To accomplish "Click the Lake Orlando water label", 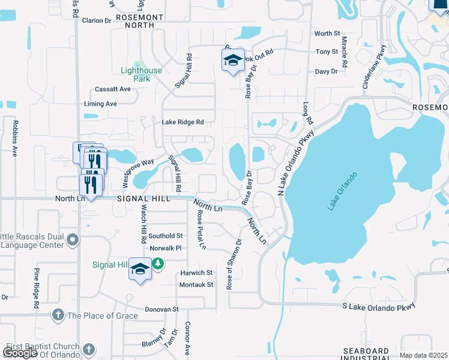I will coord(342,191).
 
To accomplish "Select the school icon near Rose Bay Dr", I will coord(233,61).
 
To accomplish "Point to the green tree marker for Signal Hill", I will coord(158,263).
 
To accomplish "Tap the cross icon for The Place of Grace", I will coord(58,315).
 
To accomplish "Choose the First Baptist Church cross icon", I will coord(88,349).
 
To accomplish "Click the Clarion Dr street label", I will coord(97,20).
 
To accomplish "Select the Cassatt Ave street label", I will coord(112,89).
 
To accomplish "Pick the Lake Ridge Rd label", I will coord(182,122).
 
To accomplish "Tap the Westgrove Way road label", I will coord(139,170).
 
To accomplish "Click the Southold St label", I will coord(166,236).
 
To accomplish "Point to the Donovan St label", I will coord(161,310).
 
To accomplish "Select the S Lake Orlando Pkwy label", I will coord(378,307).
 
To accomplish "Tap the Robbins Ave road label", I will coord(14,137).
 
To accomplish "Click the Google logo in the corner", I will coord(20,353).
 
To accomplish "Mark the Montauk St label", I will coord(197,284).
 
